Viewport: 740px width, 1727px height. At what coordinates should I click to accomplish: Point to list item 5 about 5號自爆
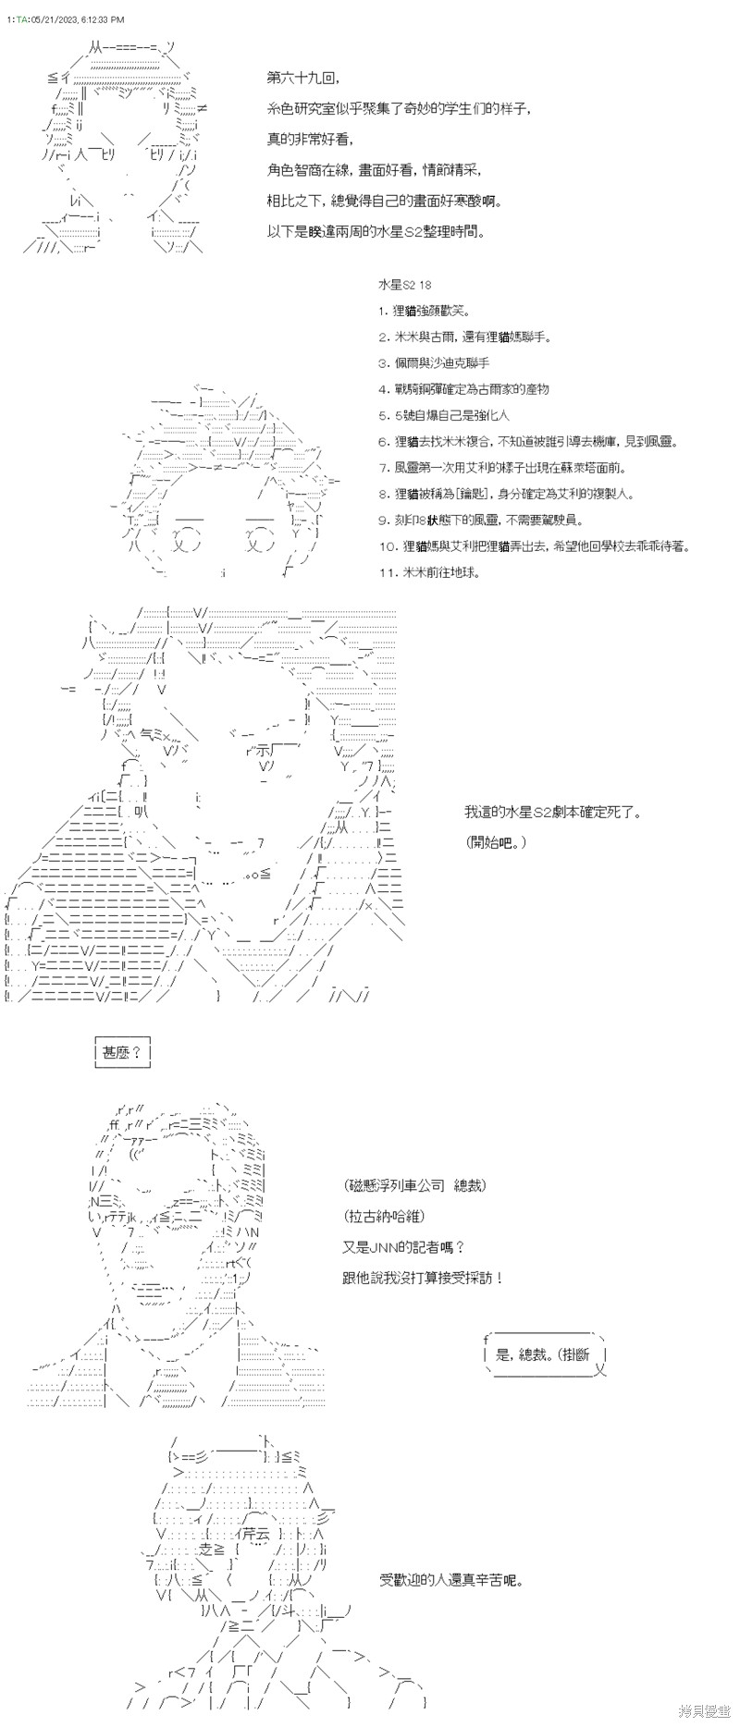coord(444,415)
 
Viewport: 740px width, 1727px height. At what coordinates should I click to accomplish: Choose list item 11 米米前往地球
coord(430,572)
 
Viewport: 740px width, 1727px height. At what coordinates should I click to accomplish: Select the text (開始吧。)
coord(496,842)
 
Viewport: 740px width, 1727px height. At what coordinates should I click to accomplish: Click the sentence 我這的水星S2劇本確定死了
coord(553,813)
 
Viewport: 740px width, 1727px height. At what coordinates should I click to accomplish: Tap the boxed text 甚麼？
coord(122,1052)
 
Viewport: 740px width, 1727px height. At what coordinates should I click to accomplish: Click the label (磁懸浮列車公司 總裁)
coord(415,1186)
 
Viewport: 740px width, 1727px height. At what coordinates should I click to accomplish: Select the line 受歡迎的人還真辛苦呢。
coord(450,1580)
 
